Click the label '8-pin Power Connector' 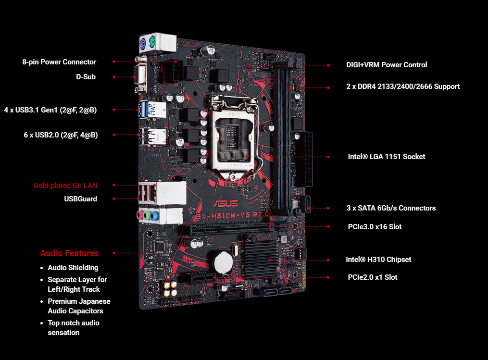(59, 62)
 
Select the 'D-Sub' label (86, 77)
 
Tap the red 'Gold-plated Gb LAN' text (65, 186)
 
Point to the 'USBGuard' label (81, 199)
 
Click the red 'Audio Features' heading (69, 253)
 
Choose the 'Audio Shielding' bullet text (73, 268)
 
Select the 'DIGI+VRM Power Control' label (387, 65)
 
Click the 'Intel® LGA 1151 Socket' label (387, 157)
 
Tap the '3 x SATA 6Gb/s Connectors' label (391, 208)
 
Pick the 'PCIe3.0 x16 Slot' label (375, 227)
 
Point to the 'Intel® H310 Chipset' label (378, 260)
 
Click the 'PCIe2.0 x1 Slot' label (373, 277)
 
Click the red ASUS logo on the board (226, 204)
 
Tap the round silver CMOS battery (223, 264)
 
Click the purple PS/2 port (143, 43)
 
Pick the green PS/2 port (152, 41)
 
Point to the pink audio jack (140, 215)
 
